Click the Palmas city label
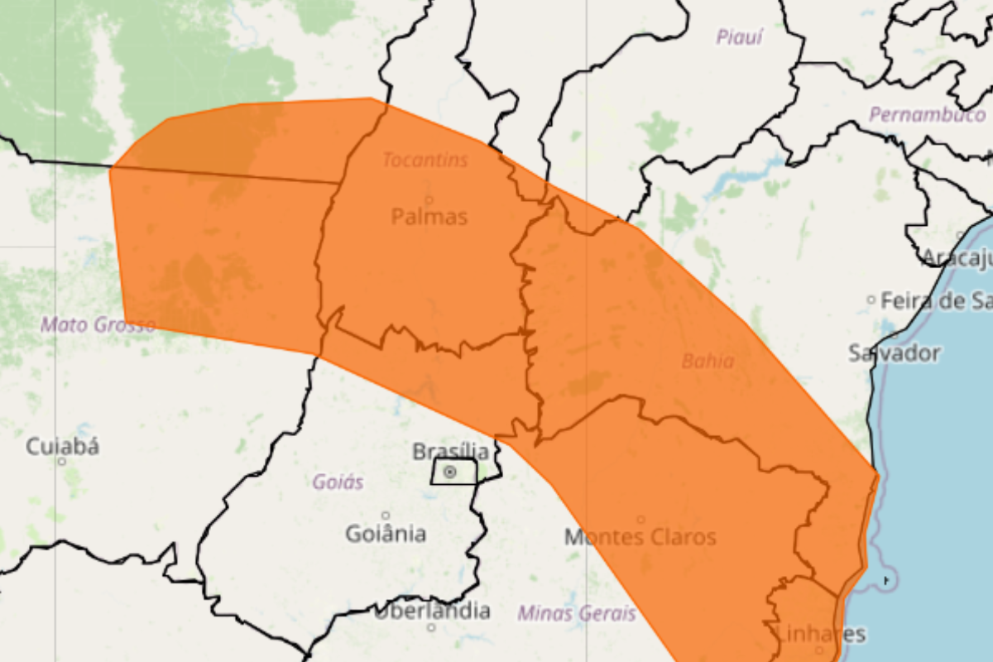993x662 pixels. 429,218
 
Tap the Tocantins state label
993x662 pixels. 425,160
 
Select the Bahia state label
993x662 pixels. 708,361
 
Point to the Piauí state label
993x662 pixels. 739,37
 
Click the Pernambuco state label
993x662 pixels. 927,115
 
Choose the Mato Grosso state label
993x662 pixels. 98,324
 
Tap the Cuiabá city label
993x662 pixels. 63,447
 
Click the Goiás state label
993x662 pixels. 338,482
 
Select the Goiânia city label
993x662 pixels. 386,534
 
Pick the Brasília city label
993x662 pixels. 445,451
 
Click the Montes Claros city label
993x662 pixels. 640,537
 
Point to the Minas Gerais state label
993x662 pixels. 577,613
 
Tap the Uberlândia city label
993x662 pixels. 431,612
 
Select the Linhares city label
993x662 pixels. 821,635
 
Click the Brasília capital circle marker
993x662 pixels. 450,472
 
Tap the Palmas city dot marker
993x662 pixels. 429,199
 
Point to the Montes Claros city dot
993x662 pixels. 640,520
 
